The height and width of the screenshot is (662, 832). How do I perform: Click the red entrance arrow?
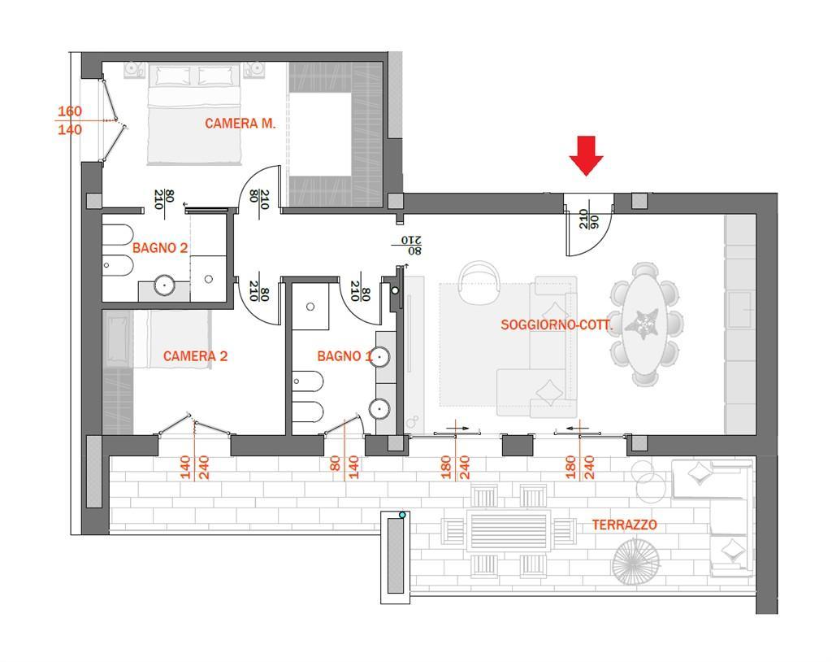[x=586, y=155]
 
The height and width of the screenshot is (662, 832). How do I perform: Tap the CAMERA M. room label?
[x=240, y=124]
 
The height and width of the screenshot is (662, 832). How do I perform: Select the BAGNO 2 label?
[x=160, y=248]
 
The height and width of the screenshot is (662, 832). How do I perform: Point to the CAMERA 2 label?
[x=195, y=356]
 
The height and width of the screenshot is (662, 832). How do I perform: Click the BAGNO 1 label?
[x=344, y=356]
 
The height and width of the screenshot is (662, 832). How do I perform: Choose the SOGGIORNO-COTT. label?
[x=557, y=324]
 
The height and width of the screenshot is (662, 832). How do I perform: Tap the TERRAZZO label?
[x=625, y=525]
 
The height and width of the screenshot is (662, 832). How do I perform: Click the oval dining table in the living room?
[x=644, y=324]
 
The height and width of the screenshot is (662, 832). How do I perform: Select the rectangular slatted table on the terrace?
[x=509, y=530]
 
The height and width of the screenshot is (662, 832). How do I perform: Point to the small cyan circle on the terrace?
[x=402, y=515]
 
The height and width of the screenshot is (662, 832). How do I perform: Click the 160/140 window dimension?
[x=70, y=120]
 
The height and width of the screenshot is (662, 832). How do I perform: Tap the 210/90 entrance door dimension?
[x=588, y=219]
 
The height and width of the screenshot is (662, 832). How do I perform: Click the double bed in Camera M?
[x=195, y=114]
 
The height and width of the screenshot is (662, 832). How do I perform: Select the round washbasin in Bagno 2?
[x=166, y=285]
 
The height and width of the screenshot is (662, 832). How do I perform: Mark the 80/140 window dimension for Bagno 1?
[x=344, y=467]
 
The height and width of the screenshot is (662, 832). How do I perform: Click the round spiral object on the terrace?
[x=635, y=560]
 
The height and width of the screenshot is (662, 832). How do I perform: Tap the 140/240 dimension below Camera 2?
[x=195, y=467]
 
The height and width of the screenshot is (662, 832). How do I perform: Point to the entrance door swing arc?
[x=599, y=240]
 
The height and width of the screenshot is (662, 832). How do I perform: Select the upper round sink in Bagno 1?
[x=380, y=356]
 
